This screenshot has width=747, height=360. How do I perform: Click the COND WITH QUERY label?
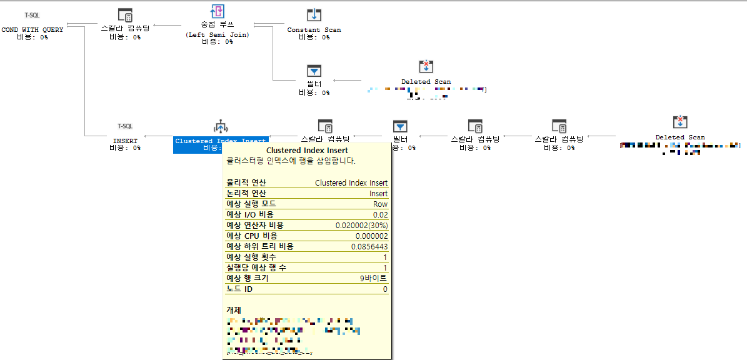(33, 29)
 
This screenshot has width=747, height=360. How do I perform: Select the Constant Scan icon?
(314, 15)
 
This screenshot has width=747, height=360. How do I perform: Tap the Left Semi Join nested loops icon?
(218, 11)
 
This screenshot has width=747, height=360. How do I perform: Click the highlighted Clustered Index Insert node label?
(221, 141)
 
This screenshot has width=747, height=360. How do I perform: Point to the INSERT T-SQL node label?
(125, 141)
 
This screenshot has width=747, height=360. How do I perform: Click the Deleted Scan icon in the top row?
(426, 67)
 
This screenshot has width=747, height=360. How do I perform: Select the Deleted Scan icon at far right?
(679, 122)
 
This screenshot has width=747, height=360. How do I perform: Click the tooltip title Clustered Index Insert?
(307, 151)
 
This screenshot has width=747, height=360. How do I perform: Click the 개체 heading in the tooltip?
(233, 310)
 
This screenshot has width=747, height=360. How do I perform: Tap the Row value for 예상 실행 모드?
(380, 204)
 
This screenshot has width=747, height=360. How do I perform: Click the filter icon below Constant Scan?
(314, 71)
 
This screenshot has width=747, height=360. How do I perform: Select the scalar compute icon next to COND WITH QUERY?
(125, 15)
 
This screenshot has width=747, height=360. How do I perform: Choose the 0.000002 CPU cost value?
(371, 236)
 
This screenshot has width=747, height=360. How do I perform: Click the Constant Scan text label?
(314, 29)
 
